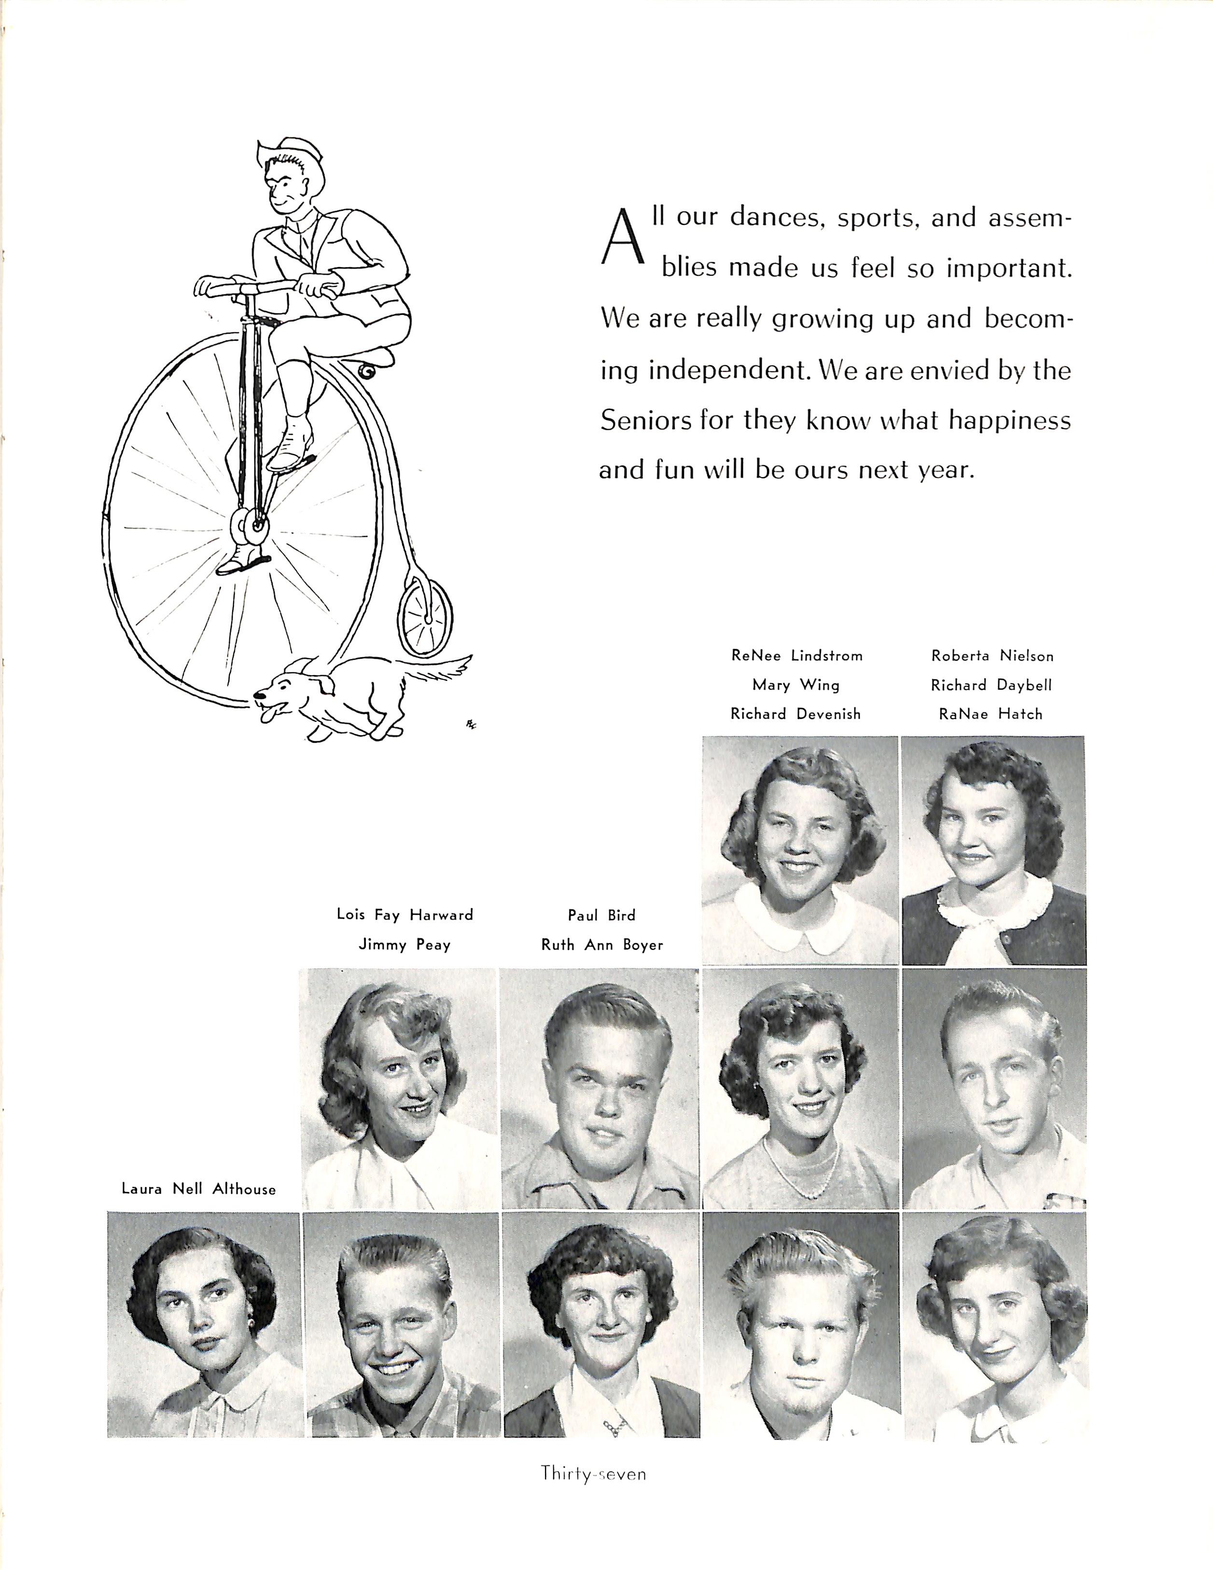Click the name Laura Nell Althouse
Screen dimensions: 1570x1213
[x=198, y=1189]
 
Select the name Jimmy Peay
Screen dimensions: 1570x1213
[x=404, y=945]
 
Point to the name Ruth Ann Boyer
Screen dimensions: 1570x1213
[x=602, y=945]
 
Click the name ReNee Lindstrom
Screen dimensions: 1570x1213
[x=796, y=656]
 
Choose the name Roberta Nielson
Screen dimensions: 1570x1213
[x=992, y=656]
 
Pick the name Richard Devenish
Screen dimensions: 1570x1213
[x=795, y=714]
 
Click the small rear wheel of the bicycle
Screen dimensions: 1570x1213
[x=425, y=618]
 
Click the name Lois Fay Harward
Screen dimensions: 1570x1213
[x=404, y=915]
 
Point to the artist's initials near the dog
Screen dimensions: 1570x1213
[x=472, y=724]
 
